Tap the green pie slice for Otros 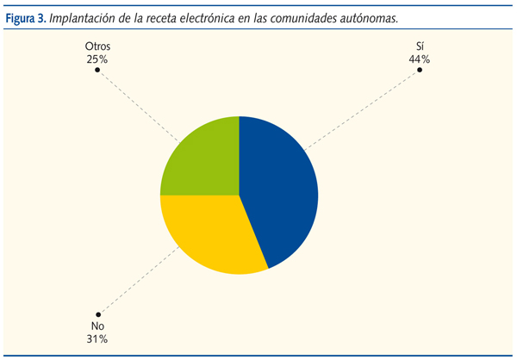pos(202,159)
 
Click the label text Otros pos(97,47)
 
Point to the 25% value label pos(97,59)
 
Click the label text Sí pos(419,47)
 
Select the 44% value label pos(419,59)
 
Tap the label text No pos(97,327)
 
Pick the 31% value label pos(97,340)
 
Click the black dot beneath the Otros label pos(97,70)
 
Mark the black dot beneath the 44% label pos(419,70)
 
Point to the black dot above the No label pos(97,315)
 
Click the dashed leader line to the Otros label pos(138,105)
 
